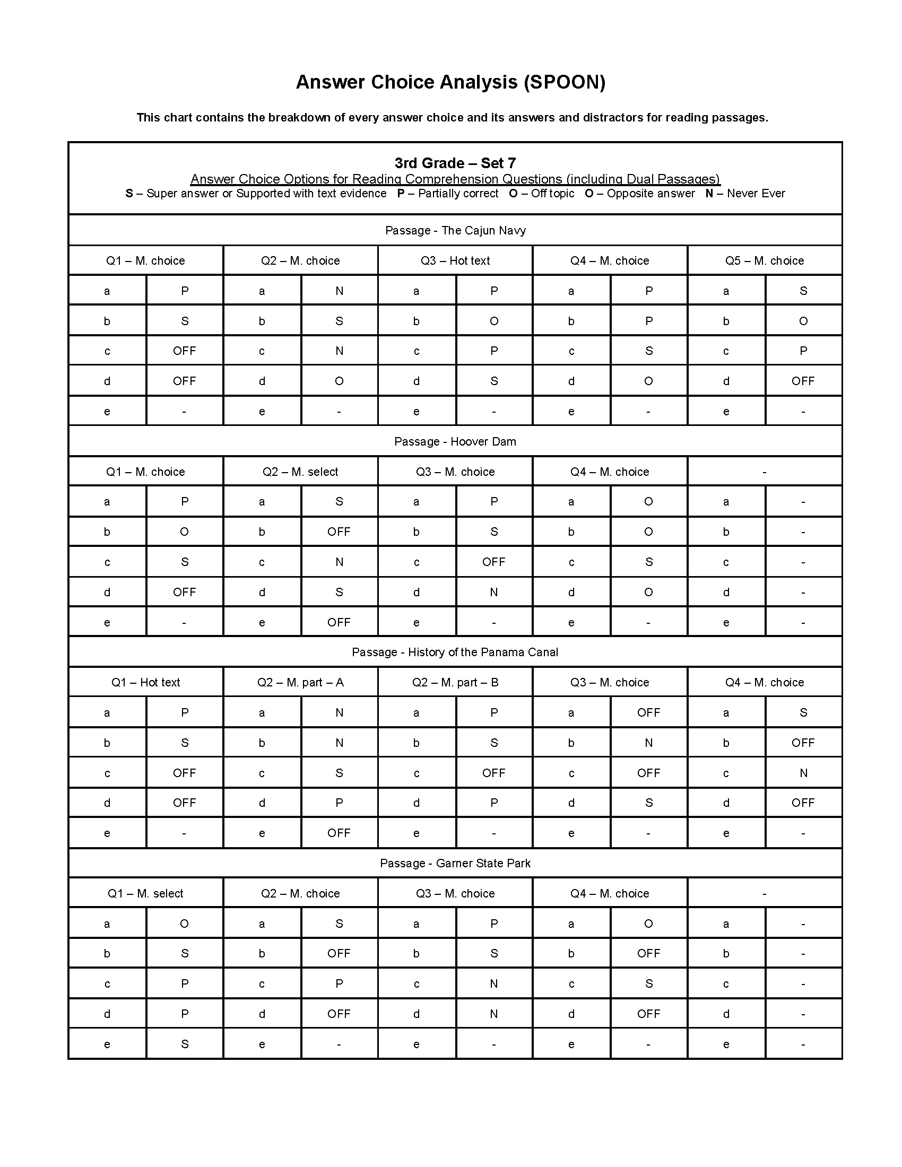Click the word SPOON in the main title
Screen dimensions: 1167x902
pos(565,82)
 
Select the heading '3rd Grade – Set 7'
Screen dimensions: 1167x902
pos(455,163)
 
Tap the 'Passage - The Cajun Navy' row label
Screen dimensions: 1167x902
pos(455,230)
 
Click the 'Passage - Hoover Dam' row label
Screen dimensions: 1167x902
pos(455,441)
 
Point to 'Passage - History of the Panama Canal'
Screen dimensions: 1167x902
pos(455,652)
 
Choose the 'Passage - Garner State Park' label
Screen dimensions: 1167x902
pos(455,863)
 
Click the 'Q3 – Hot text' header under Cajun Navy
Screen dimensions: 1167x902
pos(455,261)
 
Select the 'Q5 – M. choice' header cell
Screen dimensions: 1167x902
pos(764,261)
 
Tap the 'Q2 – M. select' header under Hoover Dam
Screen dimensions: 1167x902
pos(300,472)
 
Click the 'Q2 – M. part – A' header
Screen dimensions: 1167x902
pos(300,682)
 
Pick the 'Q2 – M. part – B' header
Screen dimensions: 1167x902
pos(455,682)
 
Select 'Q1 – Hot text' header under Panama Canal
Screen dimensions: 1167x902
pos(146,682)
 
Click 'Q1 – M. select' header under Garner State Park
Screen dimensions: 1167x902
pos(146,893)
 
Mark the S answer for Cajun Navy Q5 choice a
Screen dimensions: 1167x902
pos(803,291)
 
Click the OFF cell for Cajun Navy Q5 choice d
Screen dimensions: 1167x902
pos(803,381)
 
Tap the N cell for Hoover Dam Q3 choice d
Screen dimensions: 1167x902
pos(494,592)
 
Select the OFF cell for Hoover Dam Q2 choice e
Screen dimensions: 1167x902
pos(339,623)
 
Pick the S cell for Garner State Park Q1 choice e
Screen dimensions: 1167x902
pos(184,1044)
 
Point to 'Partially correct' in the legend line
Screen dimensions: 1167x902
pos(458,194)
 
